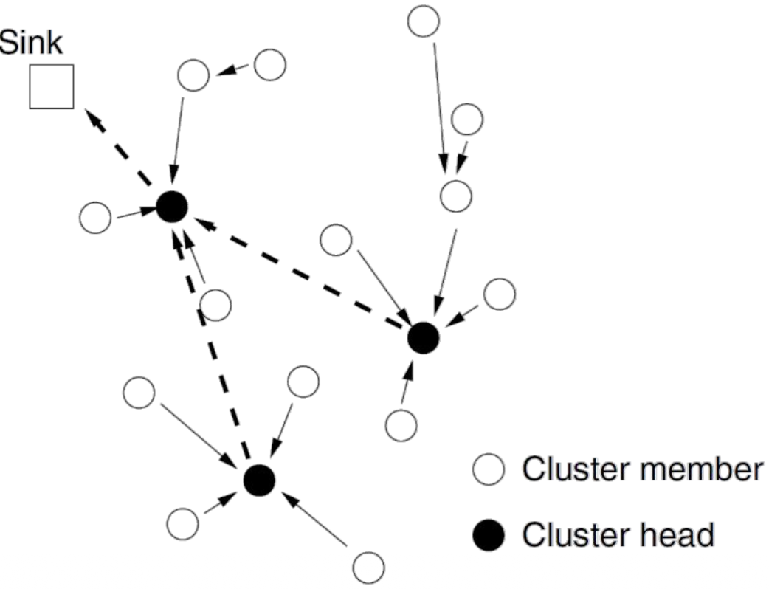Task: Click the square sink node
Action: coord(51,86)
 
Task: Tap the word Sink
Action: coord(32,43)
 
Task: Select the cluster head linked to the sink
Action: coord(172,207)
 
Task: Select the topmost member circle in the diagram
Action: coord(424,21)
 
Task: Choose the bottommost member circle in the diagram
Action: coord(368,568)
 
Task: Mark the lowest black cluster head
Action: coord(259,480)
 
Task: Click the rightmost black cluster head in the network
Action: coord(424,338)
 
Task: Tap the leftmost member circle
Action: coord(94,218)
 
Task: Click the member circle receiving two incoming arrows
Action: coord(455,196)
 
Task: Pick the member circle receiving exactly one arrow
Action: coord(193,75)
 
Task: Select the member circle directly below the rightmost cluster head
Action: coord(401,424)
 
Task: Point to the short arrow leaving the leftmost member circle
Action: coord(134,213)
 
